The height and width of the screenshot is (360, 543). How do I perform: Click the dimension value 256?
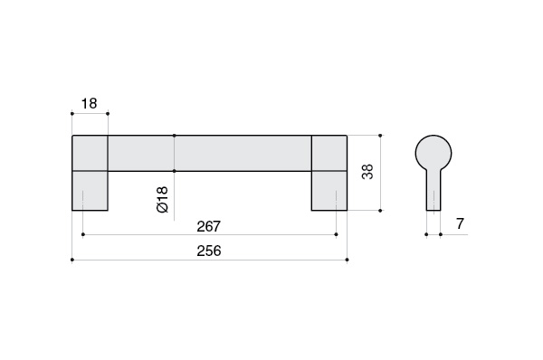point(209,251)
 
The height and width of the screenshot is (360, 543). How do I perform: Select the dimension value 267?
point(209,226)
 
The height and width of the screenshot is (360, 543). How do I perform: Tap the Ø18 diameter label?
point(162,199)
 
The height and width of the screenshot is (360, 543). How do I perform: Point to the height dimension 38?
point(367,172)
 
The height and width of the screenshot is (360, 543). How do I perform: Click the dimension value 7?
point(460,223)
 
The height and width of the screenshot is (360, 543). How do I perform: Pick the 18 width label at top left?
point(89,103)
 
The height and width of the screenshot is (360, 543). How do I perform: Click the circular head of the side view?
point(433,153)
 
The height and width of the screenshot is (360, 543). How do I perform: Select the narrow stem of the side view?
point(433,190)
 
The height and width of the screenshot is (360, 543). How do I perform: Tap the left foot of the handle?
point(90,191)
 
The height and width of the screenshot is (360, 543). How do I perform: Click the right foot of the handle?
point(329,191)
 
